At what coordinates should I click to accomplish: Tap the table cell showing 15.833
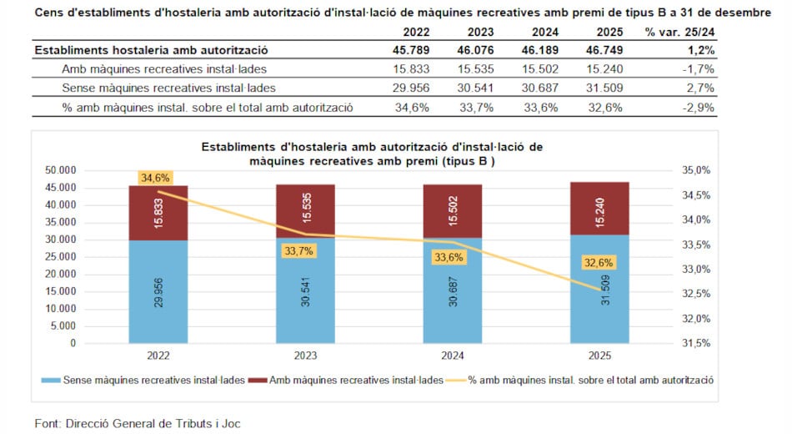pos(415,69)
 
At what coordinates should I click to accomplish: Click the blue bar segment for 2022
pos(158,291)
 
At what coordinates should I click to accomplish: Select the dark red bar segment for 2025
pos(599,209)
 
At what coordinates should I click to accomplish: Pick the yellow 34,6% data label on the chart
pos(156,178)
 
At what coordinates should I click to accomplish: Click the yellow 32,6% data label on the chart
pos(597,262)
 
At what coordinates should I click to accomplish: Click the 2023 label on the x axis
pos(305,356)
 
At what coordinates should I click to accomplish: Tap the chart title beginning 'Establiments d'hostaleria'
pos(372,154)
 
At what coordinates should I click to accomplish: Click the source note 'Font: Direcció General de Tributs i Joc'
pos(138,423)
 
